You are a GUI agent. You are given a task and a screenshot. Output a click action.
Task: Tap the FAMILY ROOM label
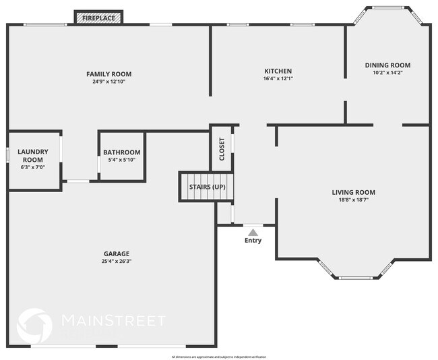pyautogui.click(x=108, y=74)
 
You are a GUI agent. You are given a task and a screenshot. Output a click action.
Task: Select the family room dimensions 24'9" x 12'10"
pyautogui.click(x=108, y=82)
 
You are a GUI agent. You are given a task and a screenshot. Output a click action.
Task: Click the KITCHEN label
pyautogui.click(x=278, y=71)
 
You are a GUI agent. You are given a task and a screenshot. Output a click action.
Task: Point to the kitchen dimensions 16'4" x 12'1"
pyautogui.click(x=278, y=78)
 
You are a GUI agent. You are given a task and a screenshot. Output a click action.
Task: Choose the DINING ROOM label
pyautogui.click(x=387, y=65)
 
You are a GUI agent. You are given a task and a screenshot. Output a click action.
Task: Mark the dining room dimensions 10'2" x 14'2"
pyautogui.click(x=387, y=73)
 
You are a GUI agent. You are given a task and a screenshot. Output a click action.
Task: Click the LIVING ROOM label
pyautogui.click(x=353, y=192)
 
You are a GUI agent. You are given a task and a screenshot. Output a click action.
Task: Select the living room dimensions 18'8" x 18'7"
pyautogui.click(x=353, y=200)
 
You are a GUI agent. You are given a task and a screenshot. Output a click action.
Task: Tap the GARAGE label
pyautogui.click(x=116, y=253)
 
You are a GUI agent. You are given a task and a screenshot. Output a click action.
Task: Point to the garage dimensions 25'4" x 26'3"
pyautogui.click(x=116, y=262)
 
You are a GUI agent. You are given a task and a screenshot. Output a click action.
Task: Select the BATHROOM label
pyautogui.click(x=122, y=152)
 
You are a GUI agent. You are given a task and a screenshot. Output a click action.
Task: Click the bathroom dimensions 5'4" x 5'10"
pyautogui.click(x=122, y=160)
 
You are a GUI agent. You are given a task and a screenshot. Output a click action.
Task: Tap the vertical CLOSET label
pyautogui.click(x=222, y=150)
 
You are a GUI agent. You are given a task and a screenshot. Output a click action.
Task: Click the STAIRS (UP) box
pyautogui.click(x=206, y=187)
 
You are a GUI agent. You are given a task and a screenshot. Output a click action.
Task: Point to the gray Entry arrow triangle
pyautogui.click(x=253, y=232)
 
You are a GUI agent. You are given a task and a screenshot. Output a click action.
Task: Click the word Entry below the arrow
pyautogui.click(x=253, y=241)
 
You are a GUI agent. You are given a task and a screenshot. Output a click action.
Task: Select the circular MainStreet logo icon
pyautogui.click(x=34, y=325)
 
